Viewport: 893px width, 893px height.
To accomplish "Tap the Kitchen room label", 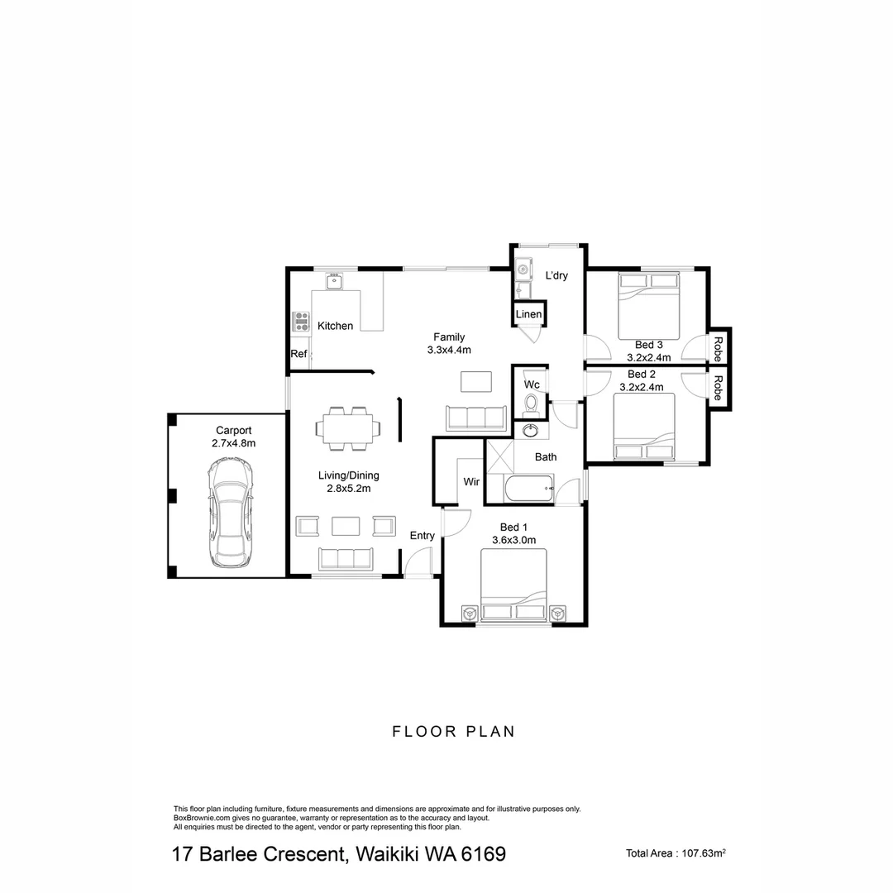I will pos(335,326).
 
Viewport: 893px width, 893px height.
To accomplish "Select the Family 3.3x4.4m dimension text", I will pos(449,350).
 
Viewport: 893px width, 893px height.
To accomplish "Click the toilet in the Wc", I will pos(532,404).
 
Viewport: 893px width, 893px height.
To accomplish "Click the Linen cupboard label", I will pos(528,314).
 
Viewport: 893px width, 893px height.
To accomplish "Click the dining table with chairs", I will pos(348,428).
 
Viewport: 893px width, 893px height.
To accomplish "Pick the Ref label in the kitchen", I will pos(298,354).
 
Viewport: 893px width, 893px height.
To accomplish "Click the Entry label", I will pos(422,536).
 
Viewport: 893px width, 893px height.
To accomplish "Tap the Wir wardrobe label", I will pos(471,481).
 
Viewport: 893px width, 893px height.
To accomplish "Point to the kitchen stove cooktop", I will pos(300,322).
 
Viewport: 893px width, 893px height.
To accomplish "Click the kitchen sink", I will pos(335,281).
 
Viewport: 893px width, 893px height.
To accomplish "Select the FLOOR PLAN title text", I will pos(453,731).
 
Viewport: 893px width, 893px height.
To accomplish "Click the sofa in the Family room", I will pos(475,418).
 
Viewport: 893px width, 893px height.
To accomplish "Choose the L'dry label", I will pos(556,276).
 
